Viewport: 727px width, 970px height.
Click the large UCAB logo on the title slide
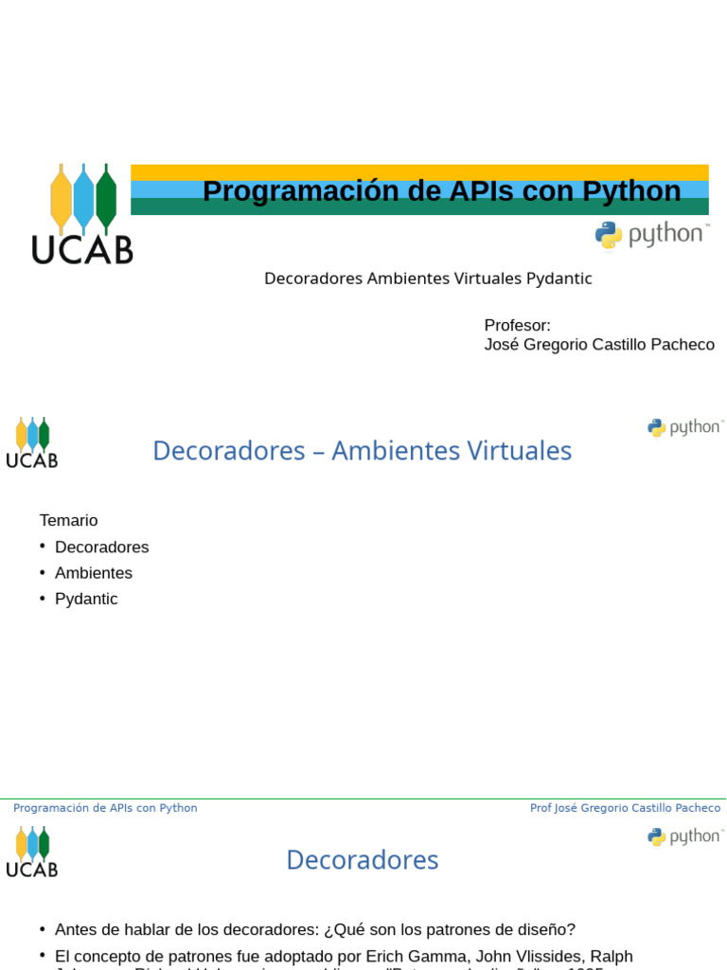point(82,213)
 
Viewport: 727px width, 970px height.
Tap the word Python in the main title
point(631,191)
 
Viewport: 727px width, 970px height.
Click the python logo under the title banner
point(651,235)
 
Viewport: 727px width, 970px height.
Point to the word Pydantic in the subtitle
point(559,278)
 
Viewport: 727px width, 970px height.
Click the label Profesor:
point(517,325)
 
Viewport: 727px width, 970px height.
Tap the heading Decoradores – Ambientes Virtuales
point(362,451)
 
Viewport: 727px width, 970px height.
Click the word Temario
point(68,520)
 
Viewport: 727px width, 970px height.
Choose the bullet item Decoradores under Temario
point(101,548)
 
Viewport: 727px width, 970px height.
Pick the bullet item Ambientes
point(93,573)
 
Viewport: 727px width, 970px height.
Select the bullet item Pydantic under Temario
point(86,599)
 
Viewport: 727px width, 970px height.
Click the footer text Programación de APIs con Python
point(105,808)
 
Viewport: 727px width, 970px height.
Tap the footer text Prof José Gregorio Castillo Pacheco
point(625,808)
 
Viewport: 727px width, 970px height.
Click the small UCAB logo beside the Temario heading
point(32,442)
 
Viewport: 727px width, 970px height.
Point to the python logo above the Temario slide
point(685,428)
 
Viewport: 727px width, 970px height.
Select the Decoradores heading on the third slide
point(362,860)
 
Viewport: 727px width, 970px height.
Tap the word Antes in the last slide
point(76,930)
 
